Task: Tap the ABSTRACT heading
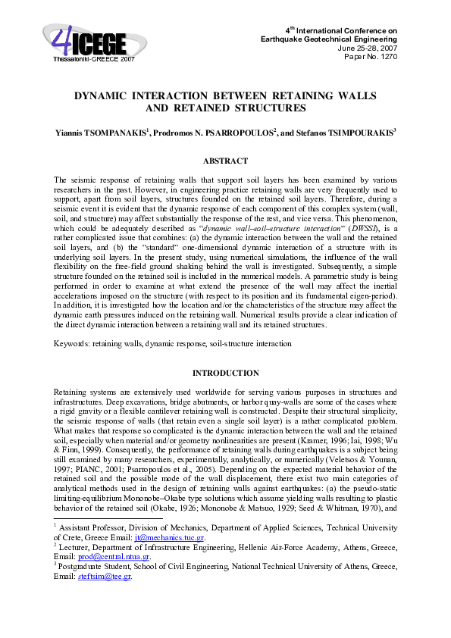point(225,161)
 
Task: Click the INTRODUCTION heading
point(225,374)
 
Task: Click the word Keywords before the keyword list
point(70,343)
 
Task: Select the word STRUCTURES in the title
point(272,108)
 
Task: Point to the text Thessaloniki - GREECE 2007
point(94,58)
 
